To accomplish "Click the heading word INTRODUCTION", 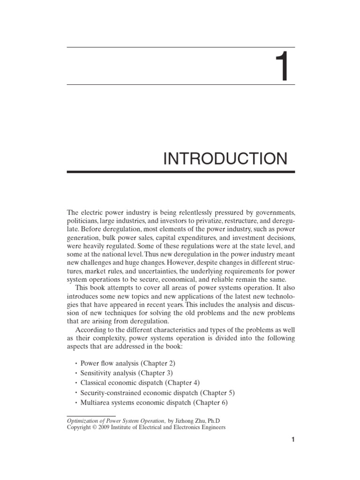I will point(225,159).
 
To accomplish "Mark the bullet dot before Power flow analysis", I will point(75,364).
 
